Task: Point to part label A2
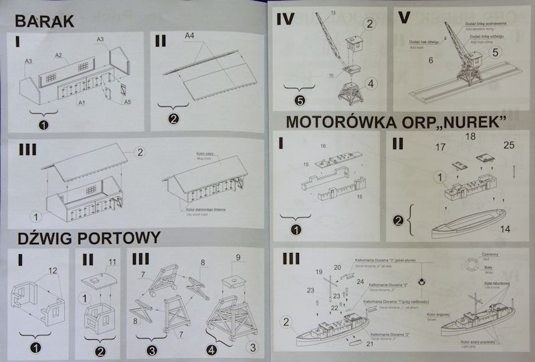pos(59,55)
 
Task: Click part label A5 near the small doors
pos(128,102)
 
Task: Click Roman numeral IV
pos(286,18)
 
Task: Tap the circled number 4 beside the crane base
pos(372,84)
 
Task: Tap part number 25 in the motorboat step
pos(508,145)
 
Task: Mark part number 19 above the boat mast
pos(319,272)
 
